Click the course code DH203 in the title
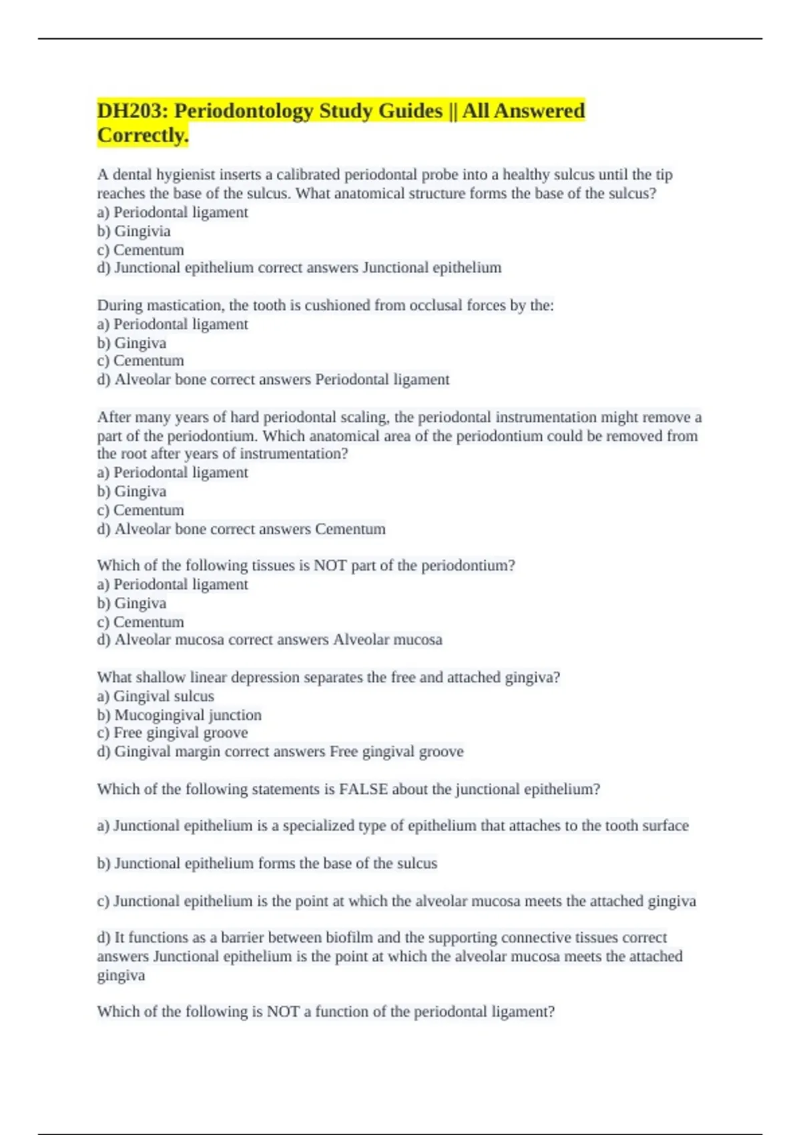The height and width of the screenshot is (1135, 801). point(131,110)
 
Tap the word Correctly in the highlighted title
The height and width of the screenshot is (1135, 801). point(142,135)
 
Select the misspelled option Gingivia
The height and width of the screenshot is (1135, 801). point(142,231)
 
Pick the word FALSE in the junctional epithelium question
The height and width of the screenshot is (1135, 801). point(363,789)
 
